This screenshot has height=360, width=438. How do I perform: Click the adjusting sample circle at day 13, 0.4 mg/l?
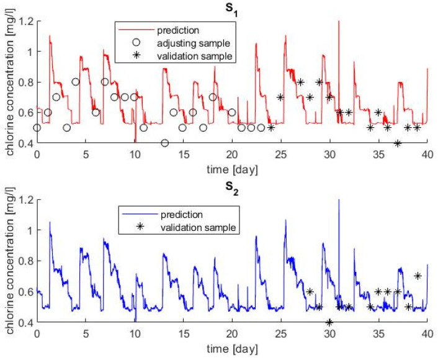[164, 143]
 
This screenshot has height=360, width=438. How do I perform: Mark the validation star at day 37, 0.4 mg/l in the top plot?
[398, 143]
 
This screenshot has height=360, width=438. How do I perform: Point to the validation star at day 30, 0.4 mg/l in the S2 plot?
[329, 322]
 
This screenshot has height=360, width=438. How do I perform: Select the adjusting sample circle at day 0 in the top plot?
[37, 128]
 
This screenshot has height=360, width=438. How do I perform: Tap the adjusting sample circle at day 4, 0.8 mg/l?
[76, 82]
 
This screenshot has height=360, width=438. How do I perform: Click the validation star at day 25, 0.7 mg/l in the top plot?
[280, 97]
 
